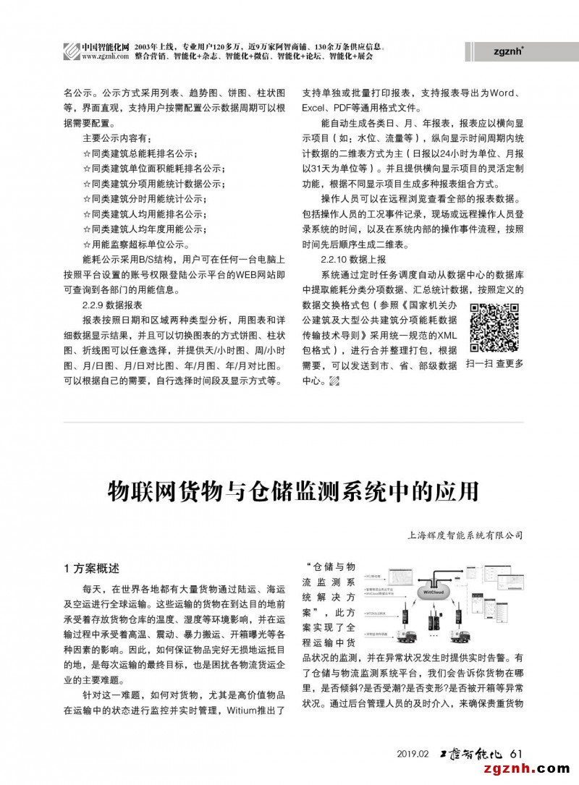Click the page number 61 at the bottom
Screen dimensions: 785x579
click(x=515, y=753)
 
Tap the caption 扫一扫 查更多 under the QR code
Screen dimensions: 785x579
click(x=495, y=363)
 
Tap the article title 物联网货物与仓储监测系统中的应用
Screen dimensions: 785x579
click(x=293, y=491)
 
